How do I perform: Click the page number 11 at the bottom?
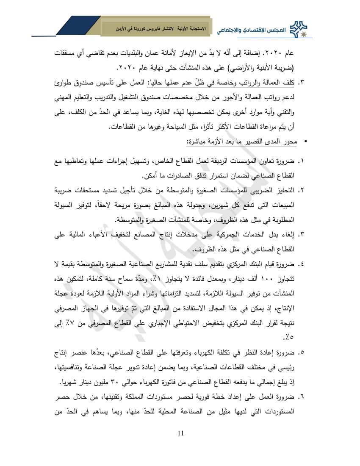pos(180,433)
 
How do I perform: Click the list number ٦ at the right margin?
pos(302,397)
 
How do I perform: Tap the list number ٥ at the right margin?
pos(302,352)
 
